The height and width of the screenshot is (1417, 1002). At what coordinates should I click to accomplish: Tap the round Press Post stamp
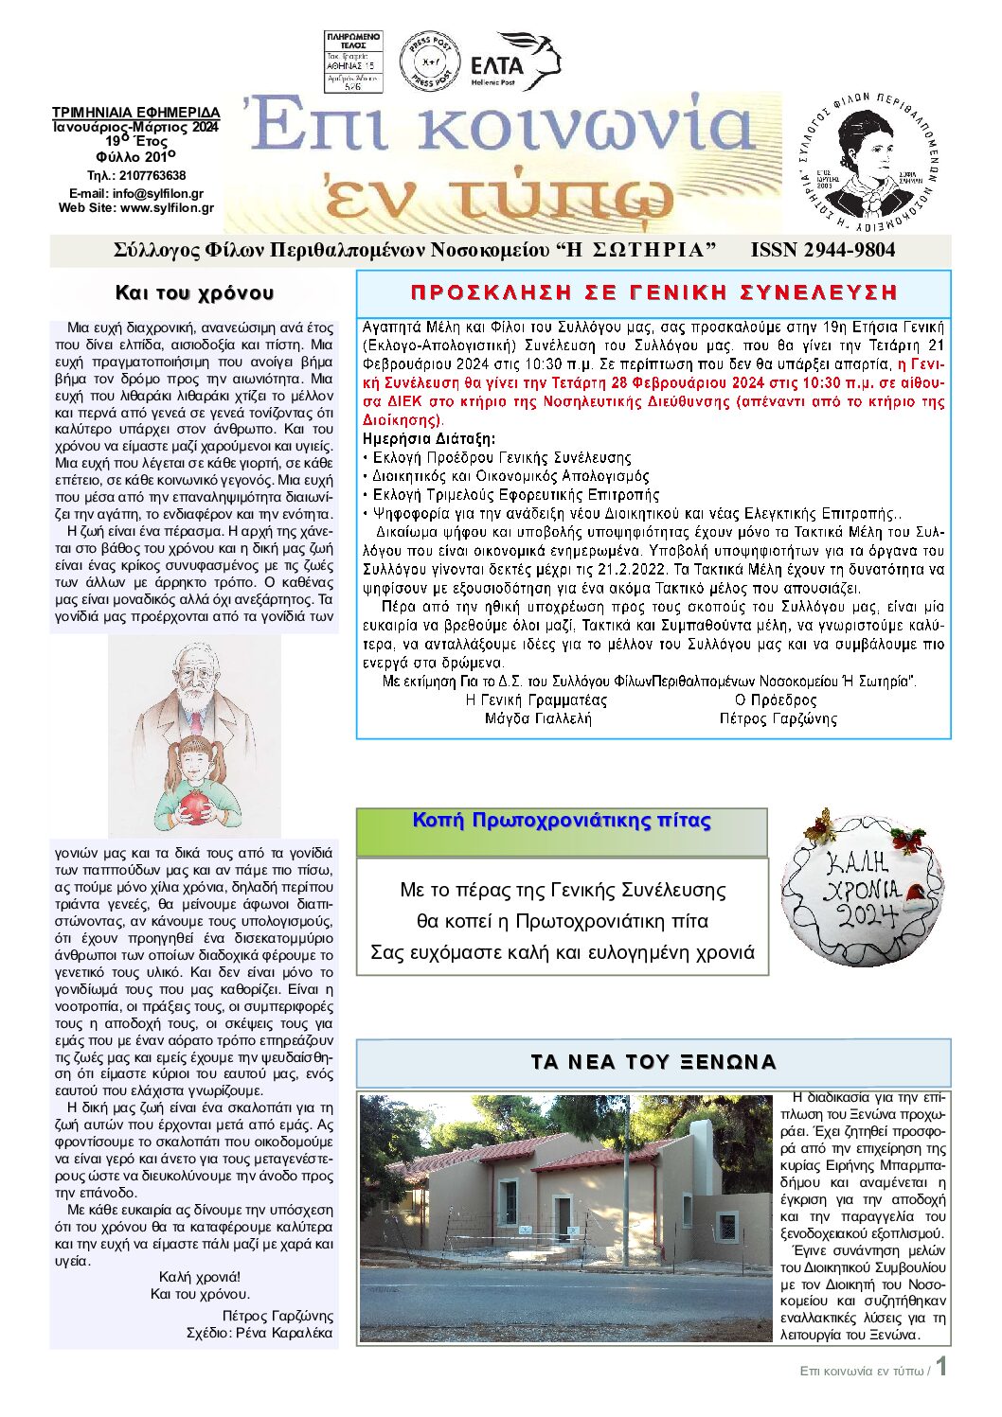[430, 62]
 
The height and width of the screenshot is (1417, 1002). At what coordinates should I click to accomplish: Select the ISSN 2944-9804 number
[822, 250]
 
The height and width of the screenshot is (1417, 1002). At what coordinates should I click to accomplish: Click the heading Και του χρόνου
[194, 292]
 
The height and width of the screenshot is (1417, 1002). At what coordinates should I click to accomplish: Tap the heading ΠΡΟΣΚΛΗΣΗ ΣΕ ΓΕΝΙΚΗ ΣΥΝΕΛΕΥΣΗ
[653, 292]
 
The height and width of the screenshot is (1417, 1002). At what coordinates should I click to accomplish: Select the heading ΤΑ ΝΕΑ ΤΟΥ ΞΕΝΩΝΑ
[653, 1062]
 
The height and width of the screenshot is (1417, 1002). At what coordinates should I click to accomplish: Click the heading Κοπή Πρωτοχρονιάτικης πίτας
[562, 821]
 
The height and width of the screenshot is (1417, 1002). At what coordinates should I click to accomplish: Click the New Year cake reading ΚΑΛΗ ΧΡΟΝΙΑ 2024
[862, 886]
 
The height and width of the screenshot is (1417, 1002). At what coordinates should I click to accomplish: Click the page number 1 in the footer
[941, 1368]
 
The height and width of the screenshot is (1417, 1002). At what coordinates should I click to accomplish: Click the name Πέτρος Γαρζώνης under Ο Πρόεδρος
[778, 718]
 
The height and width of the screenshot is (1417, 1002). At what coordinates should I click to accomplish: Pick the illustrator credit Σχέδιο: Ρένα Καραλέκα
[259, 1332]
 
